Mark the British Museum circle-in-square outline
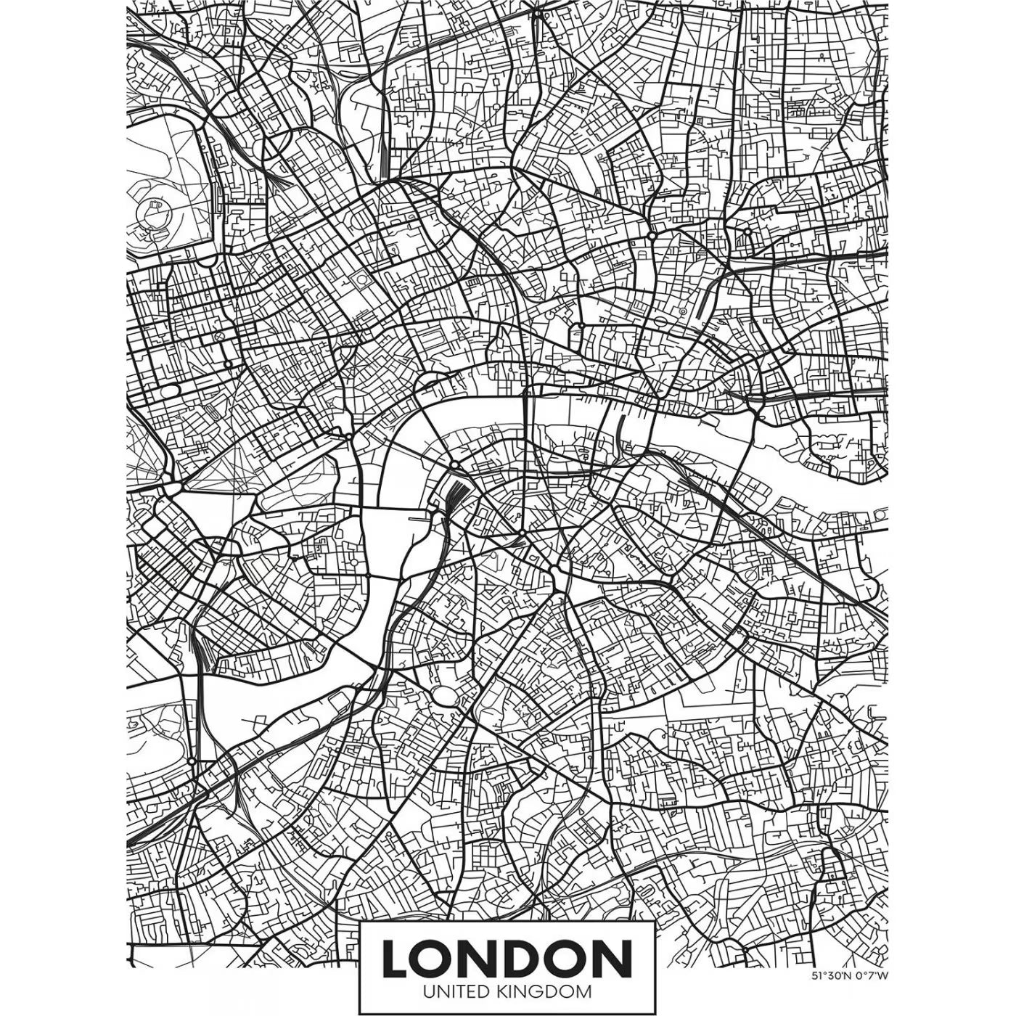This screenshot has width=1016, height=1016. click(361, 279)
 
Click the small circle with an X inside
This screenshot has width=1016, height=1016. click(216, 339)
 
